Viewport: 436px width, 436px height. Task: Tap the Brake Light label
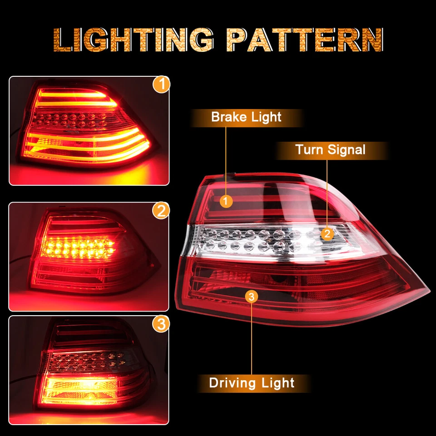(246, 117)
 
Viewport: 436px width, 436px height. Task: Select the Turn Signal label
(330, 149)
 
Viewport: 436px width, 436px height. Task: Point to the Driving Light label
(252, 383)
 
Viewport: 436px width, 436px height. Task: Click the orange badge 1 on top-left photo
(161, 85)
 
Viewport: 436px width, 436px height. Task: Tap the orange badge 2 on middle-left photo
(161, 211)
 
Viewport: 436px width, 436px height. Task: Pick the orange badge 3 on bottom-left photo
(161, 324)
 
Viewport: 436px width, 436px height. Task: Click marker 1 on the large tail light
(227, 201)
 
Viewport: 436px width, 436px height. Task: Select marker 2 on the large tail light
(327, 234)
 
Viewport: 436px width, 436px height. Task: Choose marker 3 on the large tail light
(252, 297)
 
